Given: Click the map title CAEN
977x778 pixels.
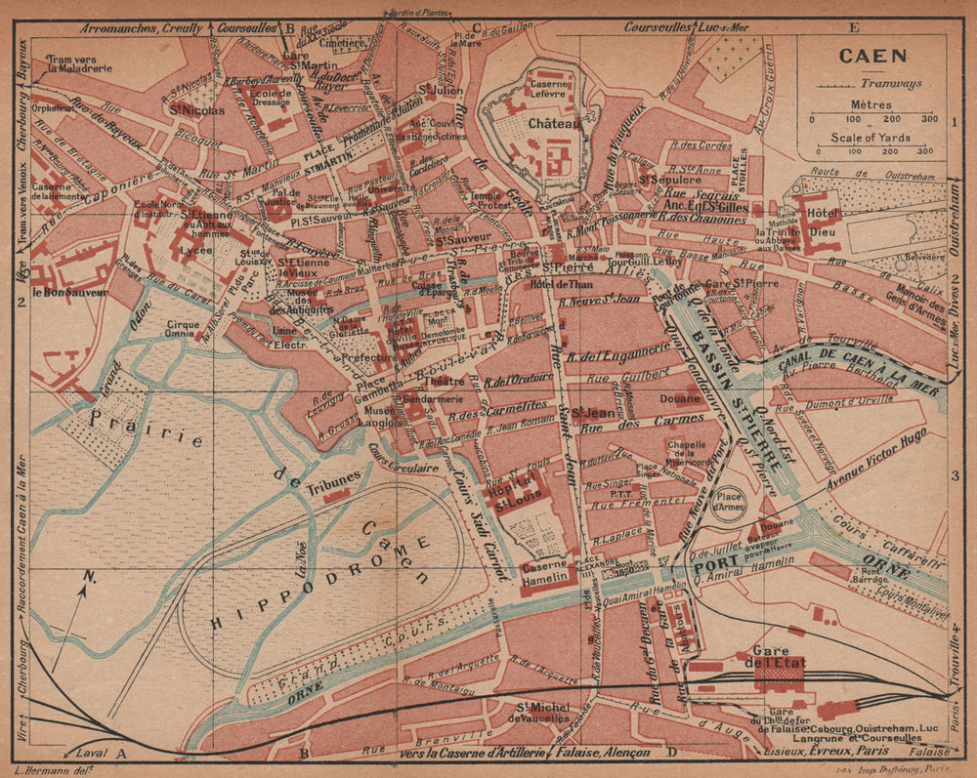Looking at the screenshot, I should [871, 56].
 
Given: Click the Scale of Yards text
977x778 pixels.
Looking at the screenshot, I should [871, 138].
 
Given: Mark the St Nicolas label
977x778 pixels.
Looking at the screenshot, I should [196, 110].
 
